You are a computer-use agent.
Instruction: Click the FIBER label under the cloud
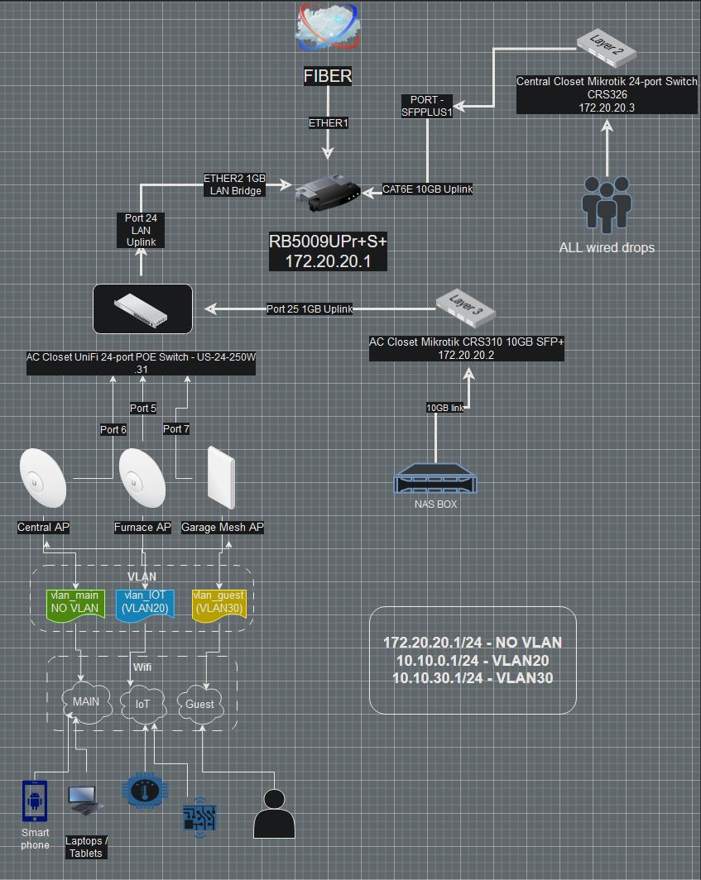tap(328, 76)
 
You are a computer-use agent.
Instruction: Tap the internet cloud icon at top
tap(328, 26)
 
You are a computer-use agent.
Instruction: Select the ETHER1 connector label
tap(329, 123)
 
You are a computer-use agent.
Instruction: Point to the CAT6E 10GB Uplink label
tap(427, 189)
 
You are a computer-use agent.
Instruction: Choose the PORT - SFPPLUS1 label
tap(427, 106)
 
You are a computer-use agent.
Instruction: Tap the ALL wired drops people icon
tap(607, 203)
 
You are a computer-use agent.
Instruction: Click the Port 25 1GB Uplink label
tap(310, 309)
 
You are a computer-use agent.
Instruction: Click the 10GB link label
tap(445, 408)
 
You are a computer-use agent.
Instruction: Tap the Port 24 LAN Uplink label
tap(141, 230)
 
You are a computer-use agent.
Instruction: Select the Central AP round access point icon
tap(43, 477)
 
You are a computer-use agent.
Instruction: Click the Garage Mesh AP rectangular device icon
tap(221, 478)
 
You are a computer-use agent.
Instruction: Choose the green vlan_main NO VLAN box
tap(75, 604)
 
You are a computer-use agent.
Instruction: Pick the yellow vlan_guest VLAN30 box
tap(218, 604)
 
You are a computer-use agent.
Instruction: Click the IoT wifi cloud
tap(143, 704)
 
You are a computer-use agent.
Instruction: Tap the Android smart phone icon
tap(35, 801)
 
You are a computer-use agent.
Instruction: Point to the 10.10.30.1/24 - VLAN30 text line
tap(473, 678)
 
